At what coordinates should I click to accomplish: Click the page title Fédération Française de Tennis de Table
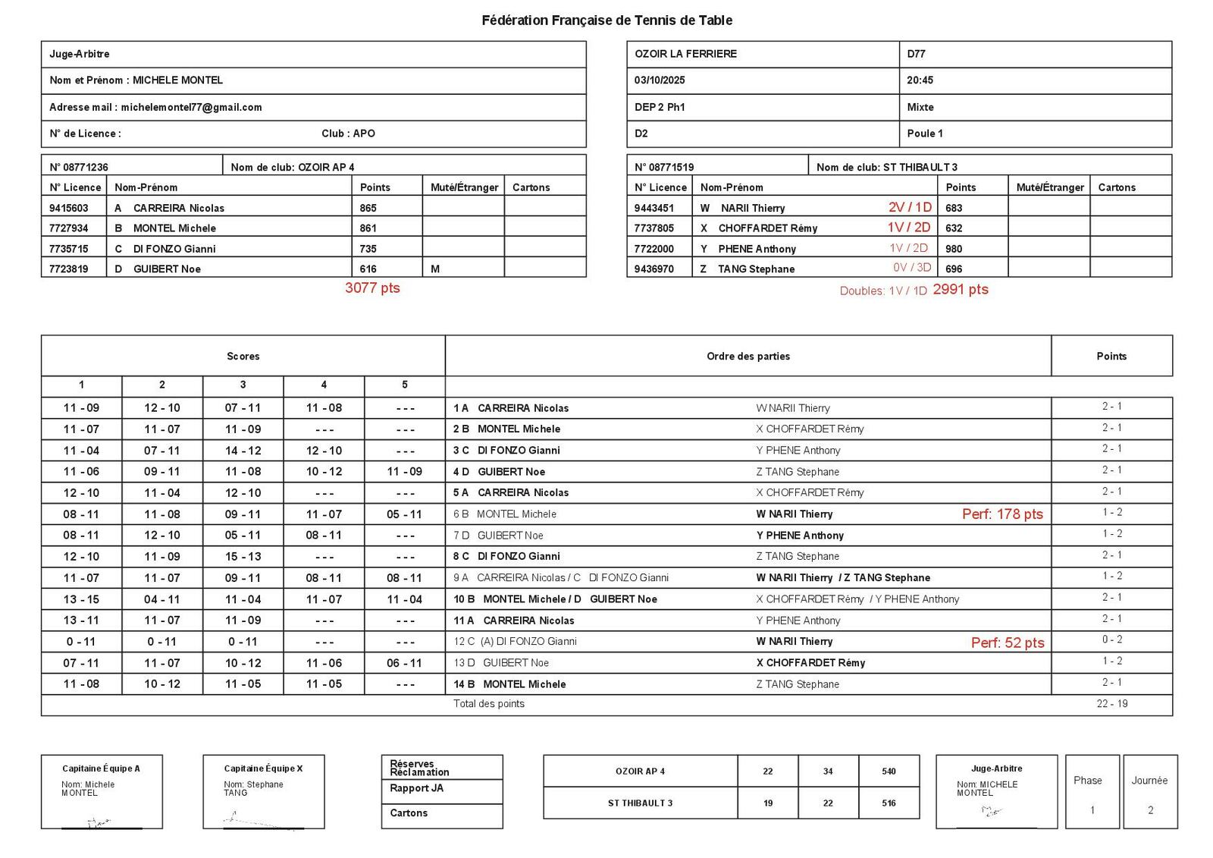[x=606, y=20]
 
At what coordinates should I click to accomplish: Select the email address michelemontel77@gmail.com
[x=191, y=107]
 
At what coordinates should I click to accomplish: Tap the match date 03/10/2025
[x=660, y=80]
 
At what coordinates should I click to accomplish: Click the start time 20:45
[x=920, y=80]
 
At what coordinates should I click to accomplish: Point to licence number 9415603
[x=68, y=208]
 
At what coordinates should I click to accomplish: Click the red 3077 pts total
[x=372, y=288]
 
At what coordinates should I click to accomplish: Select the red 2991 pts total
[x=961, y=290]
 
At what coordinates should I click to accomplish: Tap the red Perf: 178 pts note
[x=1002, y=514]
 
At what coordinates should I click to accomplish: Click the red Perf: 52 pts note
[x=1008, y=643]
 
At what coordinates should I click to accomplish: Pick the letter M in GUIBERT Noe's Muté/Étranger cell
[x=435, y=269]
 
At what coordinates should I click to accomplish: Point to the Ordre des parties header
[x=748, y=357]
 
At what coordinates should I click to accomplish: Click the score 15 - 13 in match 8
[x=243, y=557]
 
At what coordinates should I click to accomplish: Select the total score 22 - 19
[x=1111, y=704]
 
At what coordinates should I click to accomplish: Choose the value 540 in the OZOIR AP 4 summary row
[x=889, y=772]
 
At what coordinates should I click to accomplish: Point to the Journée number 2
[x=1150, y=810]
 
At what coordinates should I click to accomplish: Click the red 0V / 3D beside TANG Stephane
[x=910, y=268]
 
